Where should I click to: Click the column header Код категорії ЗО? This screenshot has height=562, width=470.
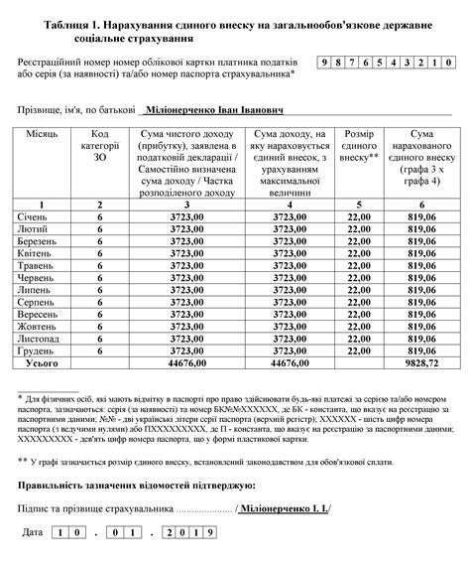(x=99, y=144)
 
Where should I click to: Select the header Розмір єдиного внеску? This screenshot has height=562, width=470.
(x=358, y=144)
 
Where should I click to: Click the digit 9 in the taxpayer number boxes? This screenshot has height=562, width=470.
(x=324, y=63)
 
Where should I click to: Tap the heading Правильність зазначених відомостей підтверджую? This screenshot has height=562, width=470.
(x=137, y=486)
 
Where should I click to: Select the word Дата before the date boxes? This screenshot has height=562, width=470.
(x=32, y=534)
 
